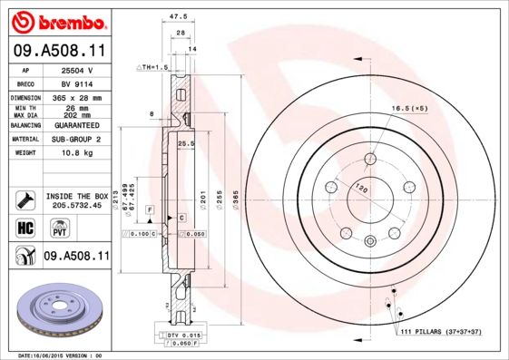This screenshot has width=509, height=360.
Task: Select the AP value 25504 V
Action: (x=78, y=70)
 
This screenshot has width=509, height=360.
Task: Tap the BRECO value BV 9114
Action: (x=78, y=83)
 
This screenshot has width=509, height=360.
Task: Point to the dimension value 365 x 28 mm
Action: (x=78, y=97)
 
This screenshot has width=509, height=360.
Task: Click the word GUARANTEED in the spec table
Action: (x=78, y=125)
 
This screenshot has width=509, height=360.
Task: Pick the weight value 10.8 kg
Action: (x=78, y=153)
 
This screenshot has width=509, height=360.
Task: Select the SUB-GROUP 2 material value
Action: (x=78, y=140)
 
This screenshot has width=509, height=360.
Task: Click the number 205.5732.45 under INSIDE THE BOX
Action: (x=77, y=205)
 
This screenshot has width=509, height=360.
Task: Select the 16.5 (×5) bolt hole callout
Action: (x=409, y=109)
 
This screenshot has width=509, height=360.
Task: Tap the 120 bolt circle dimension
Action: (x=362, y=190)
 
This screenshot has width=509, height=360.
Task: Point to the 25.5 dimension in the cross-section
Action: (x=187, y=143)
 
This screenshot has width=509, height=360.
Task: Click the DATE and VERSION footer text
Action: (x=62, y=355)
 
